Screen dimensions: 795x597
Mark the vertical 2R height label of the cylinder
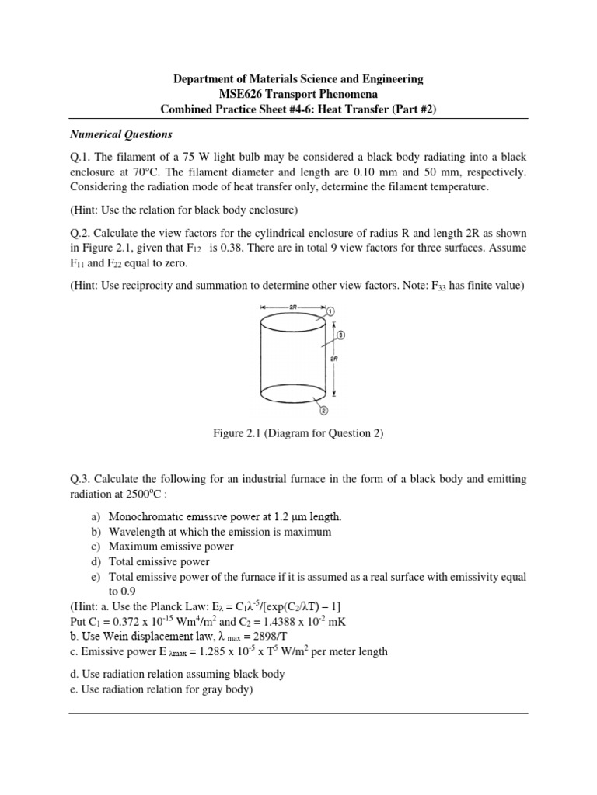(334, 359)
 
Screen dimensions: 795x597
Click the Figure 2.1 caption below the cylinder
(298, 433)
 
